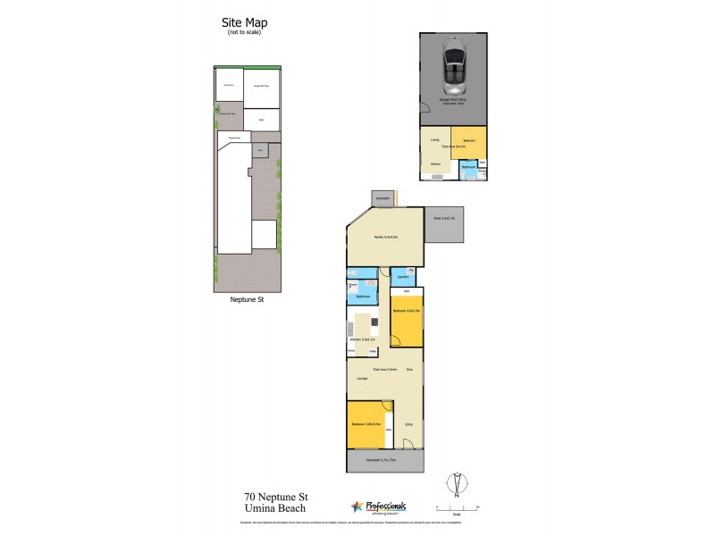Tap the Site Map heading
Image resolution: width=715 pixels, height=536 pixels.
click(244, 23)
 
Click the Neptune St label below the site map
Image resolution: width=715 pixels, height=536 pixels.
click(246, 301)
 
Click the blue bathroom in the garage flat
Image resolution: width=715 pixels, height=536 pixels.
click(468, 169)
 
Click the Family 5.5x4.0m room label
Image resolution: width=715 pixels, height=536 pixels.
click(385, 236)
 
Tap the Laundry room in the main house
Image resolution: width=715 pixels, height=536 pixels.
click(402, 277)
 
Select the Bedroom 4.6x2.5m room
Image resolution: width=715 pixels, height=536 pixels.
click(407, 317)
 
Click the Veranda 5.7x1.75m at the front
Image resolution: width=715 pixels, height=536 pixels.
click(385, 461)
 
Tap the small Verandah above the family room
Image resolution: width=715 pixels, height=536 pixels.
click(382, 197)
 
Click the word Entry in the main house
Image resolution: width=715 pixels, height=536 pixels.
click(408, 423)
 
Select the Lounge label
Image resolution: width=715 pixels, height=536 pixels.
click(362, 380)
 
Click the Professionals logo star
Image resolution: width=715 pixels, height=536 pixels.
click(357, 506)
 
